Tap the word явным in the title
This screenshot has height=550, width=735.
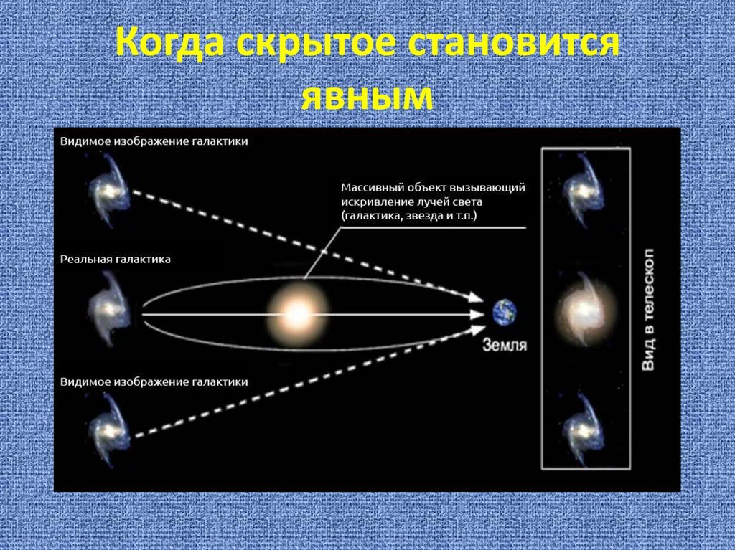pyautogui.click(x=367, y=97)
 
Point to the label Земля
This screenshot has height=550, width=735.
pyautogui.click(x=505, y=345)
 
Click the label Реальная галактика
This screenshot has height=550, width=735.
pyautogui.click(x=116, y=259)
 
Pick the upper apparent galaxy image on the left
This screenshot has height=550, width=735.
pyautogui.click(x=110, y=189)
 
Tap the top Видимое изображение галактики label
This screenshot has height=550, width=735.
pyautogui.click(x=154, y=141)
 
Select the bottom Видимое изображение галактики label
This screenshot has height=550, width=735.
pyautogui.click(x=154, y=382)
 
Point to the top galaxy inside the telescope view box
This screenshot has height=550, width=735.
pyautogui.click(x=583, y=189)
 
